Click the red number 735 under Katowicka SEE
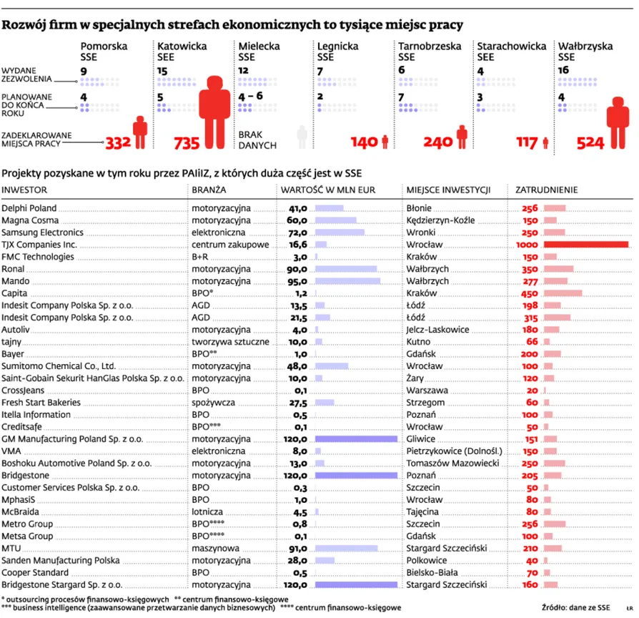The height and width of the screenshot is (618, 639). pyautogui.click(x=187, y=142)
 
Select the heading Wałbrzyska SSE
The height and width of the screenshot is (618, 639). pyautogui.click(x=585, y=51)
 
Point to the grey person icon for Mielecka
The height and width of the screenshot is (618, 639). pyautogui.click(x=302, y=137)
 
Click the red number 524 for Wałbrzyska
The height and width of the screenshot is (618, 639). pyautogui.click(x=590, y=142)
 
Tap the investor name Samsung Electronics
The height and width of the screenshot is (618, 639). pyautogui.click(x=43, y=232)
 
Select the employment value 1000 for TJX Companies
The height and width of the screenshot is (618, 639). pyautogui.click(x=524, y=245)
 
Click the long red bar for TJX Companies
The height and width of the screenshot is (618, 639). pyautogui.click(x=586, y=245)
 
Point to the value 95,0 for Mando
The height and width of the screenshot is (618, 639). pyautogui.click(x=297, y=281)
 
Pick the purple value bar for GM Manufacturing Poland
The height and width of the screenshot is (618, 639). pyautogui.click(x=356, y=438)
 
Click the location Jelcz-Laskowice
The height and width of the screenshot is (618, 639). pyautogui.click(x=437, y=330)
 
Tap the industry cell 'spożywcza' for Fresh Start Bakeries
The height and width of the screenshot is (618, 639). pyautogui.click(x=213, y=403)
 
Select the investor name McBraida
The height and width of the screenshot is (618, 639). pyautogui.click(x=21, y=512)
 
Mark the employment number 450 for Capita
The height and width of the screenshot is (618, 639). pyautogui.click(x=529, y=293)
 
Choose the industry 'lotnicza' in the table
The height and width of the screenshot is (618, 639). pyautogui.click(x=207, y=512)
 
